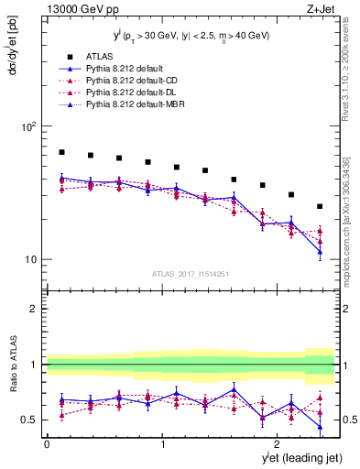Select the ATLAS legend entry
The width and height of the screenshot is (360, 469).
(x=100, y=55)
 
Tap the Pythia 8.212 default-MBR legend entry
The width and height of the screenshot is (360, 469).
(x=129, y=106)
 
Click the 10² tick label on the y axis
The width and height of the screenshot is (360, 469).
(x=28, y=127)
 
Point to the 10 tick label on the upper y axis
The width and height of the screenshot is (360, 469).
(x=30, y=259)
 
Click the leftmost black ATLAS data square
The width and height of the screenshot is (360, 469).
(x=61, y=152)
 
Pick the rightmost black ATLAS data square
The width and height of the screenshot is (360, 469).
(x=320, y=206)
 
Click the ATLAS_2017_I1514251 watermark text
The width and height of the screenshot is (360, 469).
(x=190, y=274)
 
